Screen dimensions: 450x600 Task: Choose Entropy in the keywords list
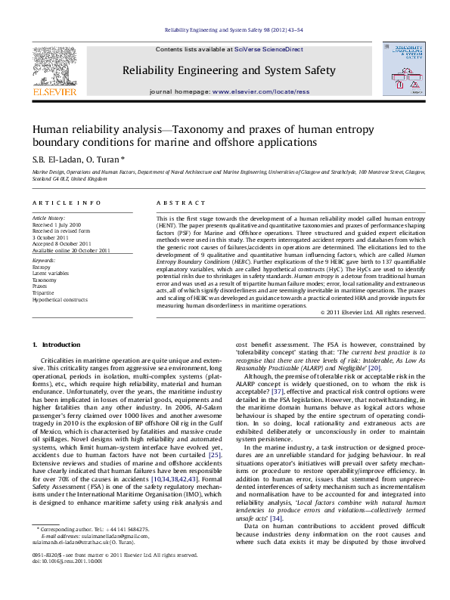point(42,267)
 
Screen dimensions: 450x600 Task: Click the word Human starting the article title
point(49,129)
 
